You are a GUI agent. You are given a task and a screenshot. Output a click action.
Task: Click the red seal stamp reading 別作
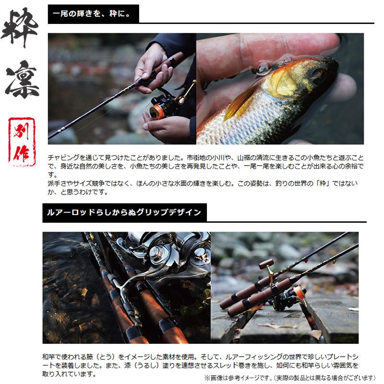(x=22, y=142)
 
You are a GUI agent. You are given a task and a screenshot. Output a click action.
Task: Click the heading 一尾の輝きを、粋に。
(x=92, y=13)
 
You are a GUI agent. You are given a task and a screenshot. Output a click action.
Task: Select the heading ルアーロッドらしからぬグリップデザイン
(x=124, y=212)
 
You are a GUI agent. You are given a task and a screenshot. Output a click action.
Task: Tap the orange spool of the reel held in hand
(x=156, y=110)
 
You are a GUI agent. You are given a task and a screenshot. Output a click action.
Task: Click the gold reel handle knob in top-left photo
(x=181, y=100)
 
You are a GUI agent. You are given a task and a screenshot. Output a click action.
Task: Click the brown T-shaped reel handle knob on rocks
(x=266, y=264)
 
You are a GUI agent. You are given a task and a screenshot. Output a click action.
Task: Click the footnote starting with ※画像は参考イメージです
(x=290, y=378)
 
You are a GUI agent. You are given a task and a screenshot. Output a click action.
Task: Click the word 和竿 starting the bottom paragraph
(x=48, y=357)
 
